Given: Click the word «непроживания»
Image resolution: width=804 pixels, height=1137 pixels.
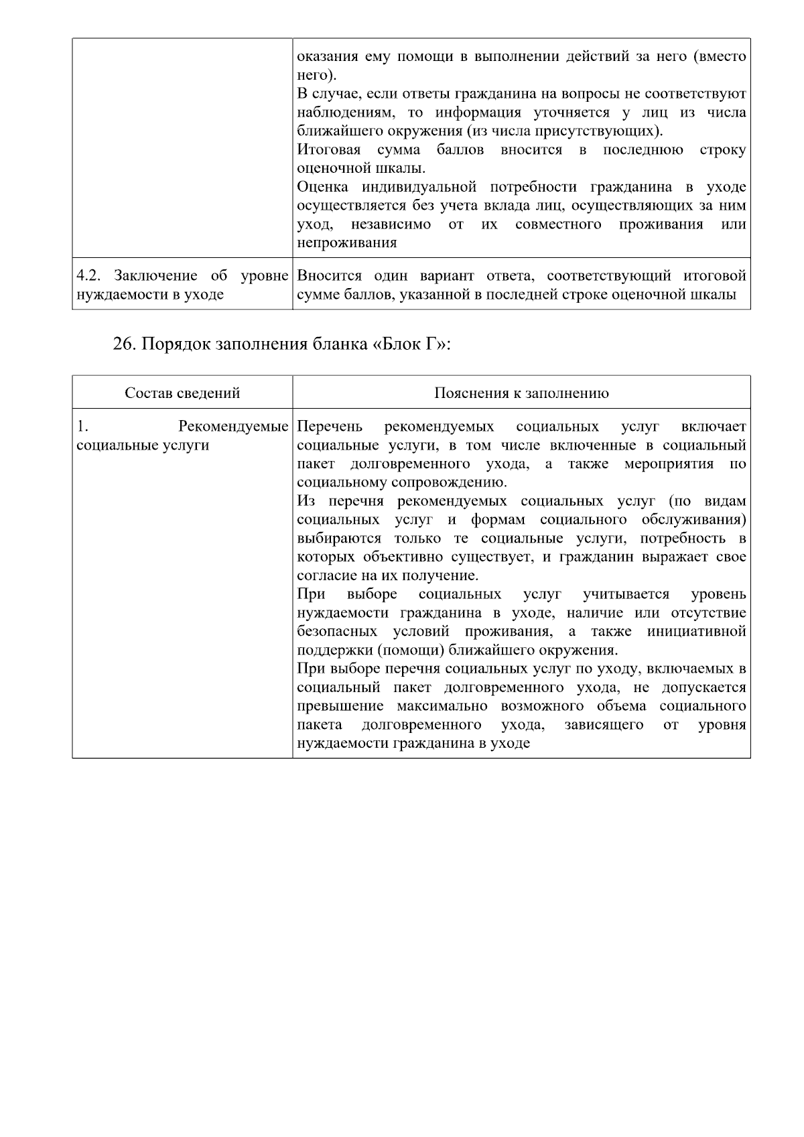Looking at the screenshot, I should pyautogui.click(x=346, y=243).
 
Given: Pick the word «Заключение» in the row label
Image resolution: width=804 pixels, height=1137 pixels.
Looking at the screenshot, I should pyautogui.click(x=157, y=276).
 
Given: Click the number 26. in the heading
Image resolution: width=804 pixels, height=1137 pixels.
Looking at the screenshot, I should pyautogui.click(x=125, y=344).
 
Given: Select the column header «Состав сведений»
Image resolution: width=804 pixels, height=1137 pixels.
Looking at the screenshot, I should pyautogui.click(x=182, y=393).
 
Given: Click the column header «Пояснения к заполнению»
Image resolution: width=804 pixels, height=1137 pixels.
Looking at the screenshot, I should pyautogui.click(x=521, y=393).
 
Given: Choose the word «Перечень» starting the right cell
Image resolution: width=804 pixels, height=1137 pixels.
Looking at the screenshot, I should pyautogui.click(x=329, y=427).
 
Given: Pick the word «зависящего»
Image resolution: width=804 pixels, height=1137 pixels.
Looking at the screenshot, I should pyautogui.click(x=604, y=725).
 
